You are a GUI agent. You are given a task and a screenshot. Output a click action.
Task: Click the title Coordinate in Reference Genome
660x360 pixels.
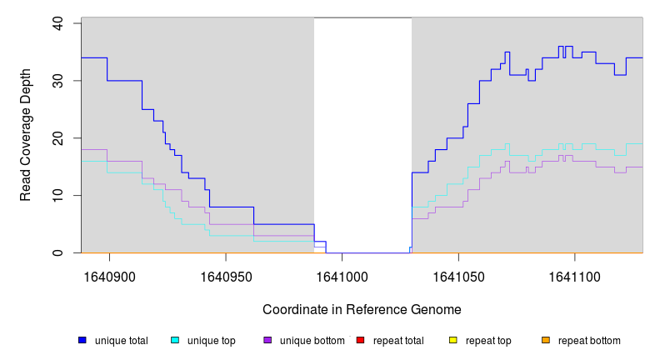click(362, 310)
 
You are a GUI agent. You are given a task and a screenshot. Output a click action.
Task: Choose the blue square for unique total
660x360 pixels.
click(82, 340)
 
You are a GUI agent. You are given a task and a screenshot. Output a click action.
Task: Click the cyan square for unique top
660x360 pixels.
click(175, 340)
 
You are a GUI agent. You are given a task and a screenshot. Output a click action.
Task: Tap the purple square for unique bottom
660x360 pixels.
click(267, 340)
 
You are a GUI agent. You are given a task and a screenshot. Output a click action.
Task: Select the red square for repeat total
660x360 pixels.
click(360, 340)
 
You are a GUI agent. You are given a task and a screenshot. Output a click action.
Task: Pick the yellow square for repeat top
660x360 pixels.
click(453, 340)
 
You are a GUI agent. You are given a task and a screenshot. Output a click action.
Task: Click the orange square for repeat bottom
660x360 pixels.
click(546, 340)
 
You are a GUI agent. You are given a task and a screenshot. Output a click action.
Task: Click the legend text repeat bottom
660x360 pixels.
click(589, 341)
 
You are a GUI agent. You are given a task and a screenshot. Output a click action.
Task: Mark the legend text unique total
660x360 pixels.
click(121, 341)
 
